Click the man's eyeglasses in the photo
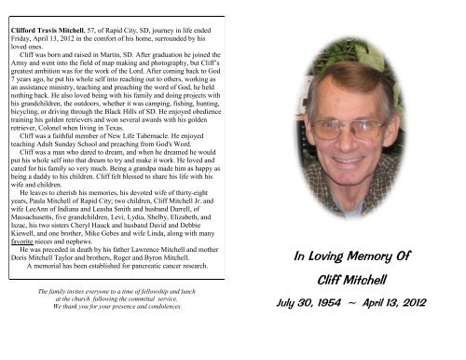click(x=348, y=130)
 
